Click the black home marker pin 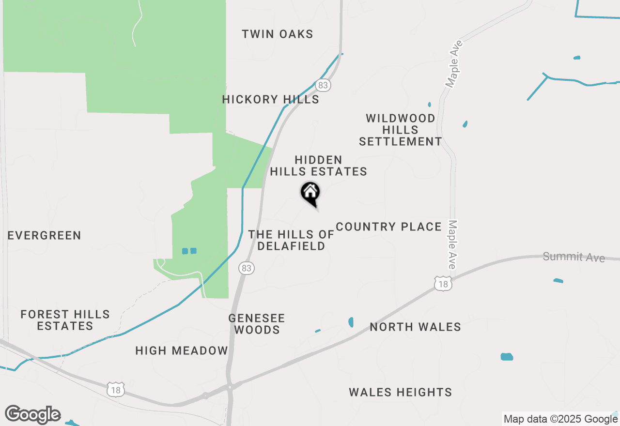310,193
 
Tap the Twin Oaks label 278,34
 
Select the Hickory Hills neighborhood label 270,100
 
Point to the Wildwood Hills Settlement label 400,130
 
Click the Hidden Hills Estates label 318,166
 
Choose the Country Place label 388,227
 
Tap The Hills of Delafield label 291,240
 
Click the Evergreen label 45,236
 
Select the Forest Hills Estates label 65,320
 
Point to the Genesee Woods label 256,324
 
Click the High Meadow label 182,350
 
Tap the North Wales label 415,327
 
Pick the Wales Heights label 400,392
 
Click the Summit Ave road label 573,257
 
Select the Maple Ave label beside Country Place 452,245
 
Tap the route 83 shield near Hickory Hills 323,86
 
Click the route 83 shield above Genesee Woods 247,268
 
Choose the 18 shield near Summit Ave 443,284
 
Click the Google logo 33,414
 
